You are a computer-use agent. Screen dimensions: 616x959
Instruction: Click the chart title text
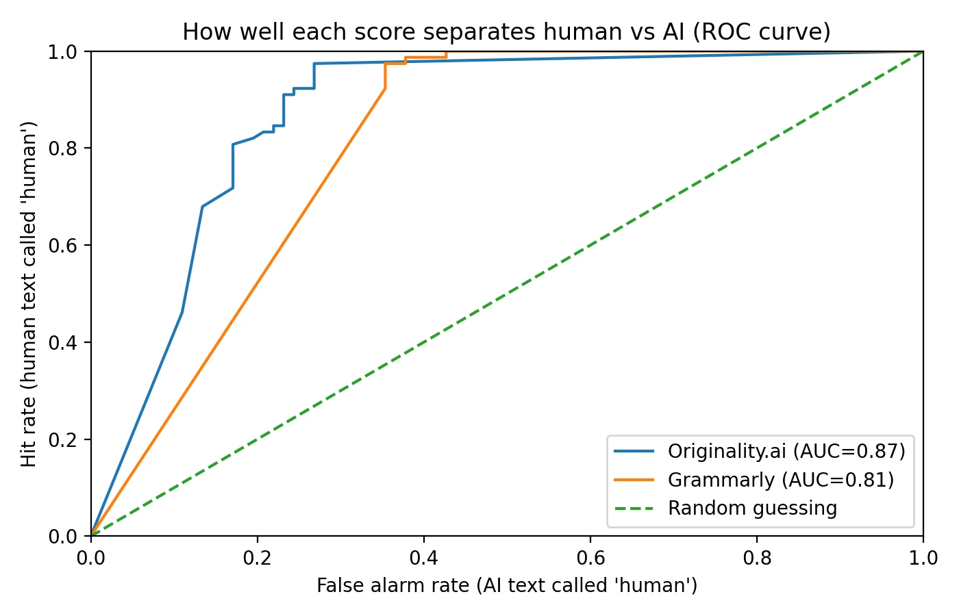(506, 32)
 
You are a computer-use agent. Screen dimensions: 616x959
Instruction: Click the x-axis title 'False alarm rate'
(507, 586)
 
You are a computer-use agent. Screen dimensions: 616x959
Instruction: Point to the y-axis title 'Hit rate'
(29, 294)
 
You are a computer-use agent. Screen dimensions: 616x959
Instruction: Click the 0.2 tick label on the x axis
(258, 559)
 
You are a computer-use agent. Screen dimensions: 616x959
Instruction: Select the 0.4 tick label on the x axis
(424, 559)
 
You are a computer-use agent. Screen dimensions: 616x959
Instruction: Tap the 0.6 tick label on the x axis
(590, 559)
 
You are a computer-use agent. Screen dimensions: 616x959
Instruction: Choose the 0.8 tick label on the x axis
(757, 559)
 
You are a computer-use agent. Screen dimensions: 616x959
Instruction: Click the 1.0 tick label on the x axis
(923, 559)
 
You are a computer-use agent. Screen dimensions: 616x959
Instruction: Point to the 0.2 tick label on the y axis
(63, 439)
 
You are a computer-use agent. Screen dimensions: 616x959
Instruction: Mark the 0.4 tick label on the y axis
(63, 342)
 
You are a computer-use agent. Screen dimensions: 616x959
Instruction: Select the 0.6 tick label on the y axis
(63, 246)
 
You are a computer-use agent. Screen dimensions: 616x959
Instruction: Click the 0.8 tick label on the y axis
(63, 149)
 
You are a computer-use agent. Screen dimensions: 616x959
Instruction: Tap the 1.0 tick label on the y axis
(63, 52)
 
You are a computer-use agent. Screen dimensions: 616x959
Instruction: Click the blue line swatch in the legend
(634, 451)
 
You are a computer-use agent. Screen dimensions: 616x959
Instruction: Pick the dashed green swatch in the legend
(634, 509)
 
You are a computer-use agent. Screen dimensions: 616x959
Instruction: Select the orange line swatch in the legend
(634, 480)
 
